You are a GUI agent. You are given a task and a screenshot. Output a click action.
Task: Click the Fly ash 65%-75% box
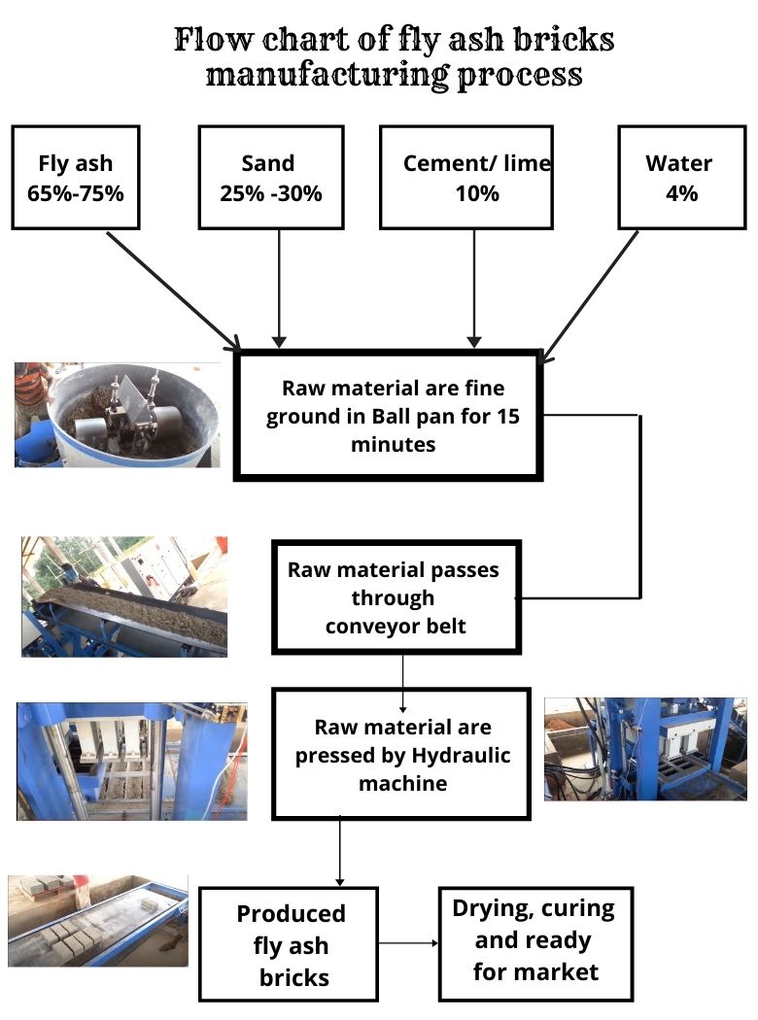click(x=76, y=178)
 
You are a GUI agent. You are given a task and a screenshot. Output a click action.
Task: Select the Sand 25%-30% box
click(x=271, y=178)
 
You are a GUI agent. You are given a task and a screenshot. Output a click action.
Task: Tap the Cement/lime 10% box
click(x=466, y=178)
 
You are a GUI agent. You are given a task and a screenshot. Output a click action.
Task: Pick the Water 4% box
click(x=682, y=178)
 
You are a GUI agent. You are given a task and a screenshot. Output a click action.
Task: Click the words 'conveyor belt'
click(x=396, y=627)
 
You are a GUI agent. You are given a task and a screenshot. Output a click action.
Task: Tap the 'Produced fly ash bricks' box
click(x=289, y=944)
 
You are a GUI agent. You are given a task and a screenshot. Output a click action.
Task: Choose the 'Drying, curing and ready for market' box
click(x=535, y=944)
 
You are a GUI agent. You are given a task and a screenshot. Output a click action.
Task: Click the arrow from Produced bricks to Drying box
click(x=408, y=942)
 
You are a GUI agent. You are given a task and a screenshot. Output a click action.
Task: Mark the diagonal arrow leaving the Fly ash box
click(x=174, y=290)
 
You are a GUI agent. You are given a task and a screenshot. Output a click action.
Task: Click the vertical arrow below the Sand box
click(x=279, y=289)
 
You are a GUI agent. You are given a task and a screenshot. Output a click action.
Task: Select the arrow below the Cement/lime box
click(x=474, y=289)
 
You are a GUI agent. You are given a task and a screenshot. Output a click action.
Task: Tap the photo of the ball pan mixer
click(x=118, y=415)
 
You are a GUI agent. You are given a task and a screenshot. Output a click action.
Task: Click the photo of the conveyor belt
click(x=124, y=596)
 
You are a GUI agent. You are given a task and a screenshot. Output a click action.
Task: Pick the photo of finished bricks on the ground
click(x=98, y=921)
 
